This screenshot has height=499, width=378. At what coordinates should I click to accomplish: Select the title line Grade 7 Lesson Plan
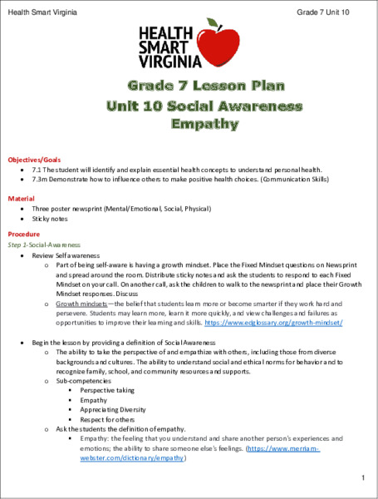click(189, 86)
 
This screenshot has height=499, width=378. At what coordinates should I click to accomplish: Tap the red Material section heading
click(22, 199)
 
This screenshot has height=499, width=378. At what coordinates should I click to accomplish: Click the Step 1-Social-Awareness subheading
click(43, 245)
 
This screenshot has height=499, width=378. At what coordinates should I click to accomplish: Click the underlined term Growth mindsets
click(81, 304)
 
